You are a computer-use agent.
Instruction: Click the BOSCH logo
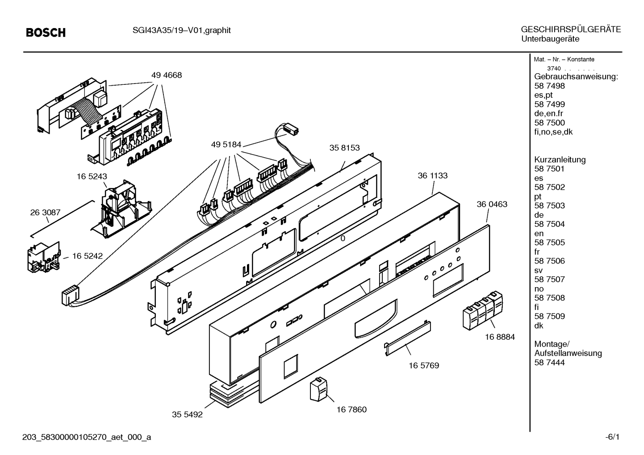click(46, 33)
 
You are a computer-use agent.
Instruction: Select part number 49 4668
click(167, 75)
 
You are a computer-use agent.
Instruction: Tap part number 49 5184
click(226, 145)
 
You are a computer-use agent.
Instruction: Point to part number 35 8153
click(344, 148)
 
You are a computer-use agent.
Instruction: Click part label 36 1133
click(432, 175)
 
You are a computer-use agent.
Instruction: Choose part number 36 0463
click(492, 205)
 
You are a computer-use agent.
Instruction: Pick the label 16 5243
click(92, 176)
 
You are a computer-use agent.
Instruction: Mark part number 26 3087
click(46, 213)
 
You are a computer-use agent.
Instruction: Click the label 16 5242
click(88, 256)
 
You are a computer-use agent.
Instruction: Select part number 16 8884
click(500, 337)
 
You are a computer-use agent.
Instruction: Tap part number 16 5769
click(424, 366)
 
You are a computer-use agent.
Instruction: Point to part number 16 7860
click(351, 409)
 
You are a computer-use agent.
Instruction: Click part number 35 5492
click(187, 415)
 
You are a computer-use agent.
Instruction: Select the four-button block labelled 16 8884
click(483, 310)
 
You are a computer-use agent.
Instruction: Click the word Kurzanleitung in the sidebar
click(560, 160)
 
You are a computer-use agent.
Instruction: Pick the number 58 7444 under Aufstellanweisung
click(549, 363)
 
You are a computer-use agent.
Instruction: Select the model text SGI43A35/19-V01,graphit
click(181, 30)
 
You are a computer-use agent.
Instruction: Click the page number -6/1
click(612, 437)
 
